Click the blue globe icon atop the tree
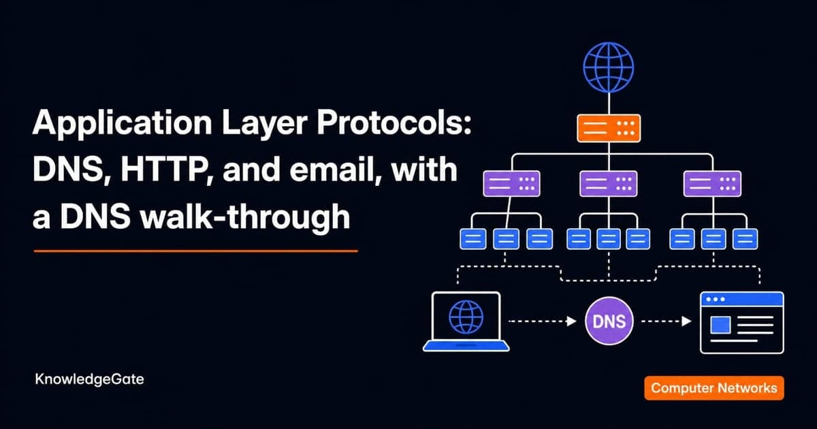[x=609, y=67]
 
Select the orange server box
[x=609, y=128]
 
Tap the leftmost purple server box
[x=511, y=183]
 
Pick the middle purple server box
[x=609, y=183]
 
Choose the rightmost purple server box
[x=712, y=183]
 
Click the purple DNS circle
[x=609, y=321]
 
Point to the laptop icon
[x=466, y=321]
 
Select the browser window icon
[x=742, y=323]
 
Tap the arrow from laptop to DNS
[x=543, y=321]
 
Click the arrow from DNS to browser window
[x=667, y=321]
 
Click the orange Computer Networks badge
[x=714, y=387]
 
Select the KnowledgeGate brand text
[x=89, y=379]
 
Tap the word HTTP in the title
[x=166, y=170]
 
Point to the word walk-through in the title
[x=246, y=217]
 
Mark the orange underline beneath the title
[x=195, y=251]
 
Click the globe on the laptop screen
[x=466, y=317]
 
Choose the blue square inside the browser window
[x=720, y=325]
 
